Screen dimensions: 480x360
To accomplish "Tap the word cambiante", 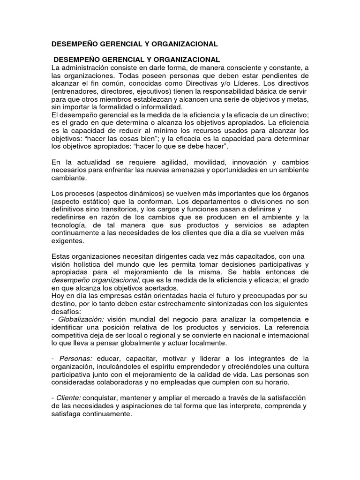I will pos(69,178).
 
